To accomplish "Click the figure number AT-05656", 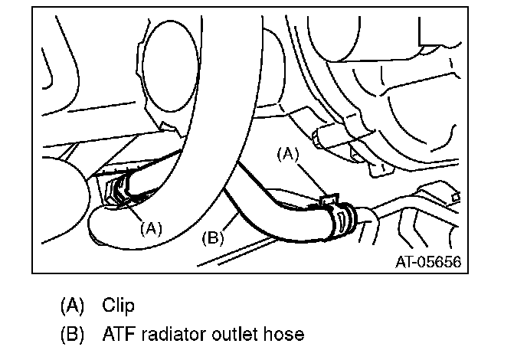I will coord(428,260).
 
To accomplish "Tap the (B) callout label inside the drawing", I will coord(212,237).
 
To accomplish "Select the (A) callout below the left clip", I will coord(152,227).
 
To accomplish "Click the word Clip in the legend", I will coord(119,306).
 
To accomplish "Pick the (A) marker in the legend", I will coord(72,306).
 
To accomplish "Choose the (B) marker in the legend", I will coord(72,335).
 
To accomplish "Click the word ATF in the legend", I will coord(119,335).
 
